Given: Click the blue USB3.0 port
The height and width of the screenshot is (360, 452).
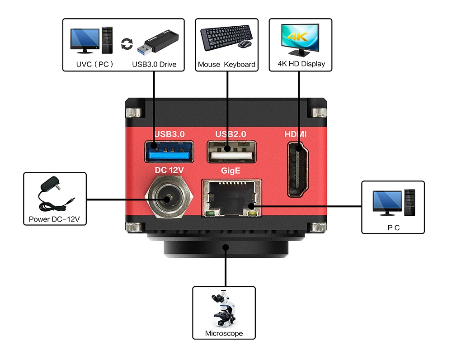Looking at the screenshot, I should point(169,152).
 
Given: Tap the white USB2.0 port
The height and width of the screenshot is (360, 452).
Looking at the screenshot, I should point(231,152).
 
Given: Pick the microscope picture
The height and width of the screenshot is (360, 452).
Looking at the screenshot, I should point(223,310).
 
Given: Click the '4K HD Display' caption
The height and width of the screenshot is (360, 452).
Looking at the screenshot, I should point(301,64).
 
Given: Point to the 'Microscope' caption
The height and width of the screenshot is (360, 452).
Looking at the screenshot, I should point(224,334).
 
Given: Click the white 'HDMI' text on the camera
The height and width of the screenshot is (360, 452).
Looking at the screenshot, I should point(296,134).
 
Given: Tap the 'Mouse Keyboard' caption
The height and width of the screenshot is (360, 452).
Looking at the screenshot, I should point(226,65).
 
